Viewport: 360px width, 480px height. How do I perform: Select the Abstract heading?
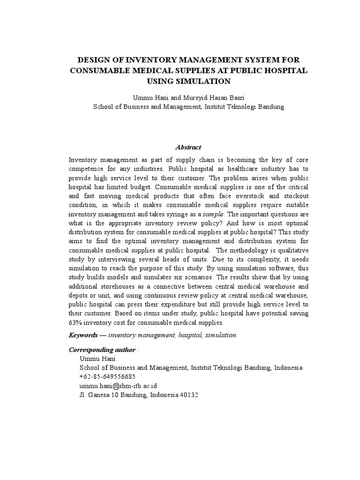point(188,147)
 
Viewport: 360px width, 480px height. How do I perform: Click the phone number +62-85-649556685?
point(107,376)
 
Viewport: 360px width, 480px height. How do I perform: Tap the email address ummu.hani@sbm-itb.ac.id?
point(118,385)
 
